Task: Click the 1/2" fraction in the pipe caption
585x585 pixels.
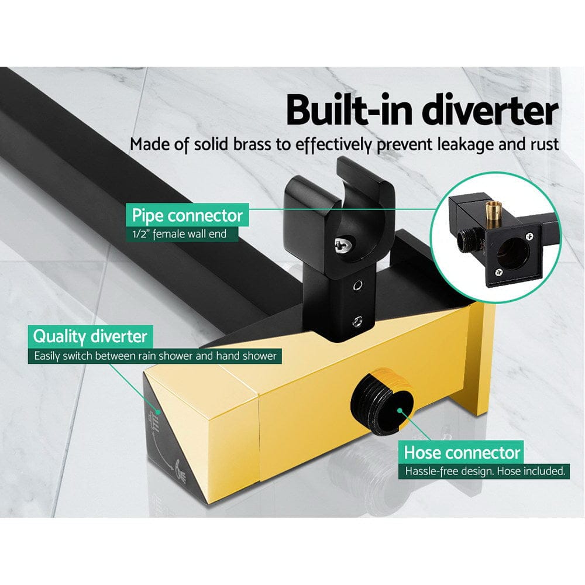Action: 141,235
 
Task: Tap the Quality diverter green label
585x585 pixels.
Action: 90,336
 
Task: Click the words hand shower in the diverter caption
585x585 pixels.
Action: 250,356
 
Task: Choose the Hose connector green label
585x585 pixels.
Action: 462,452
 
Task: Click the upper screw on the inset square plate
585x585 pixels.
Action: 529,237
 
